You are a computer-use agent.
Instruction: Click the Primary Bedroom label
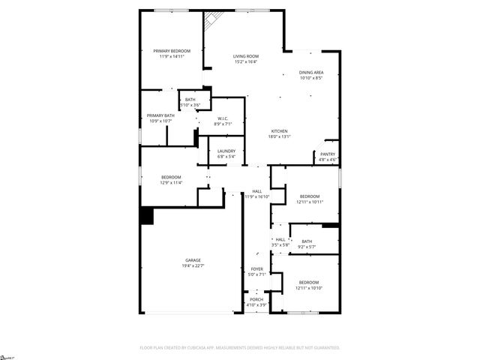click(172, 51)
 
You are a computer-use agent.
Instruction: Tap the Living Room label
click(245, 57)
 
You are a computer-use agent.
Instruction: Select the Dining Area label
click(310, 73)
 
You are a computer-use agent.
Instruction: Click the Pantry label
click(328, 154)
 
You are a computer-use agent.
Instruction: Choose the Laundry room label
click(226, 151)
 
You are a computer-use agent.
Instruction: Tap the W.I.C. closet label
click(223, 118)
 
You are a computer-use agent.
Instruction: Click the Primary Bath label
click(160, 115)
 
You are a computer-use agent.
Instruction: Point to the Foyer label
click(256, 269)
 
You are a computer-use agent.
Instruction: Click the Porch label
click(256, 300)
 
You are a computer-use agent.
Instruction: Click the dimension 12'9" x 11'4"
click(171, 182)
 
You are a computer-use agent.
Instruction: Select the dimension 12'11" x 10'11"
click(309, 202)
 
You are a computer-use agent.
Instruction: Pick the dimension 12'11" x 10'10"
click(308, 288)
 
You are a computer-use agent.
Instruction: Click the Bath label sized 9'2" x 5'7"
click(307, 241)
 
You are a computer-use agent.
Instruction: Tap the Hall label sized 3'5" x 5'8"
click(280, 239)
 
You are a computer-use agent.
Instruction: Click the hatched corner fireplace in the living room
click(212, 20)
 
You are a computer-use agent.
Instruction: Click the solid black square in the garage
click(147, 216)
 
